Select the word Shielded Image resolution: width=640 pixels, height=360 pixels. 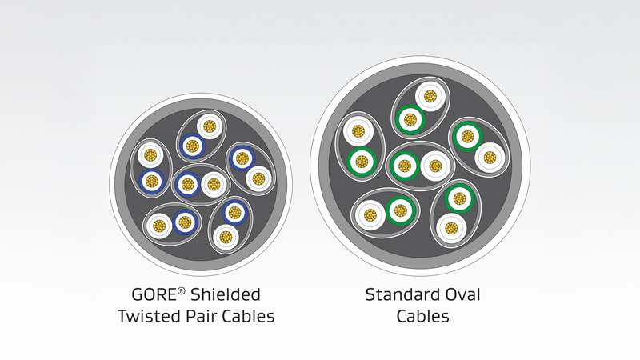click(x=229, y=295)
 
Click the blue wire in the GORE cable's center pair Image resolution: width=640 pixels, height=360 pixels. click(x=187, y=184)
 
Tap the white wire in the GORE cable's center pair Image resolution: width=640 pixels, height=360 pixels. click(x=213, y=184)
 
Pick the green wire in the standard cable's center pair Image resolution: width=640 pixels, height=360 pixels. click(x=405, y=166)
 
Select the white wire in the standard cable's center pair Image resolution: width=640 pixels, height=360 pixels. click(x=434, y=166)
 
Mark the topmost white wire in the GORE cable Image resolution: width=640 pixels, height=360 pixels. click(x=210, y=126)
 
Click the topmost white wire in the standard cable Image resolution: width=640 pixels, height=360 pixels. click(x=430, y=97)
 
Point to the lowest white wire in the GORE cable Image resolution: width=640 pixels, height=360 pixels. click(x=226, y=237)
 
